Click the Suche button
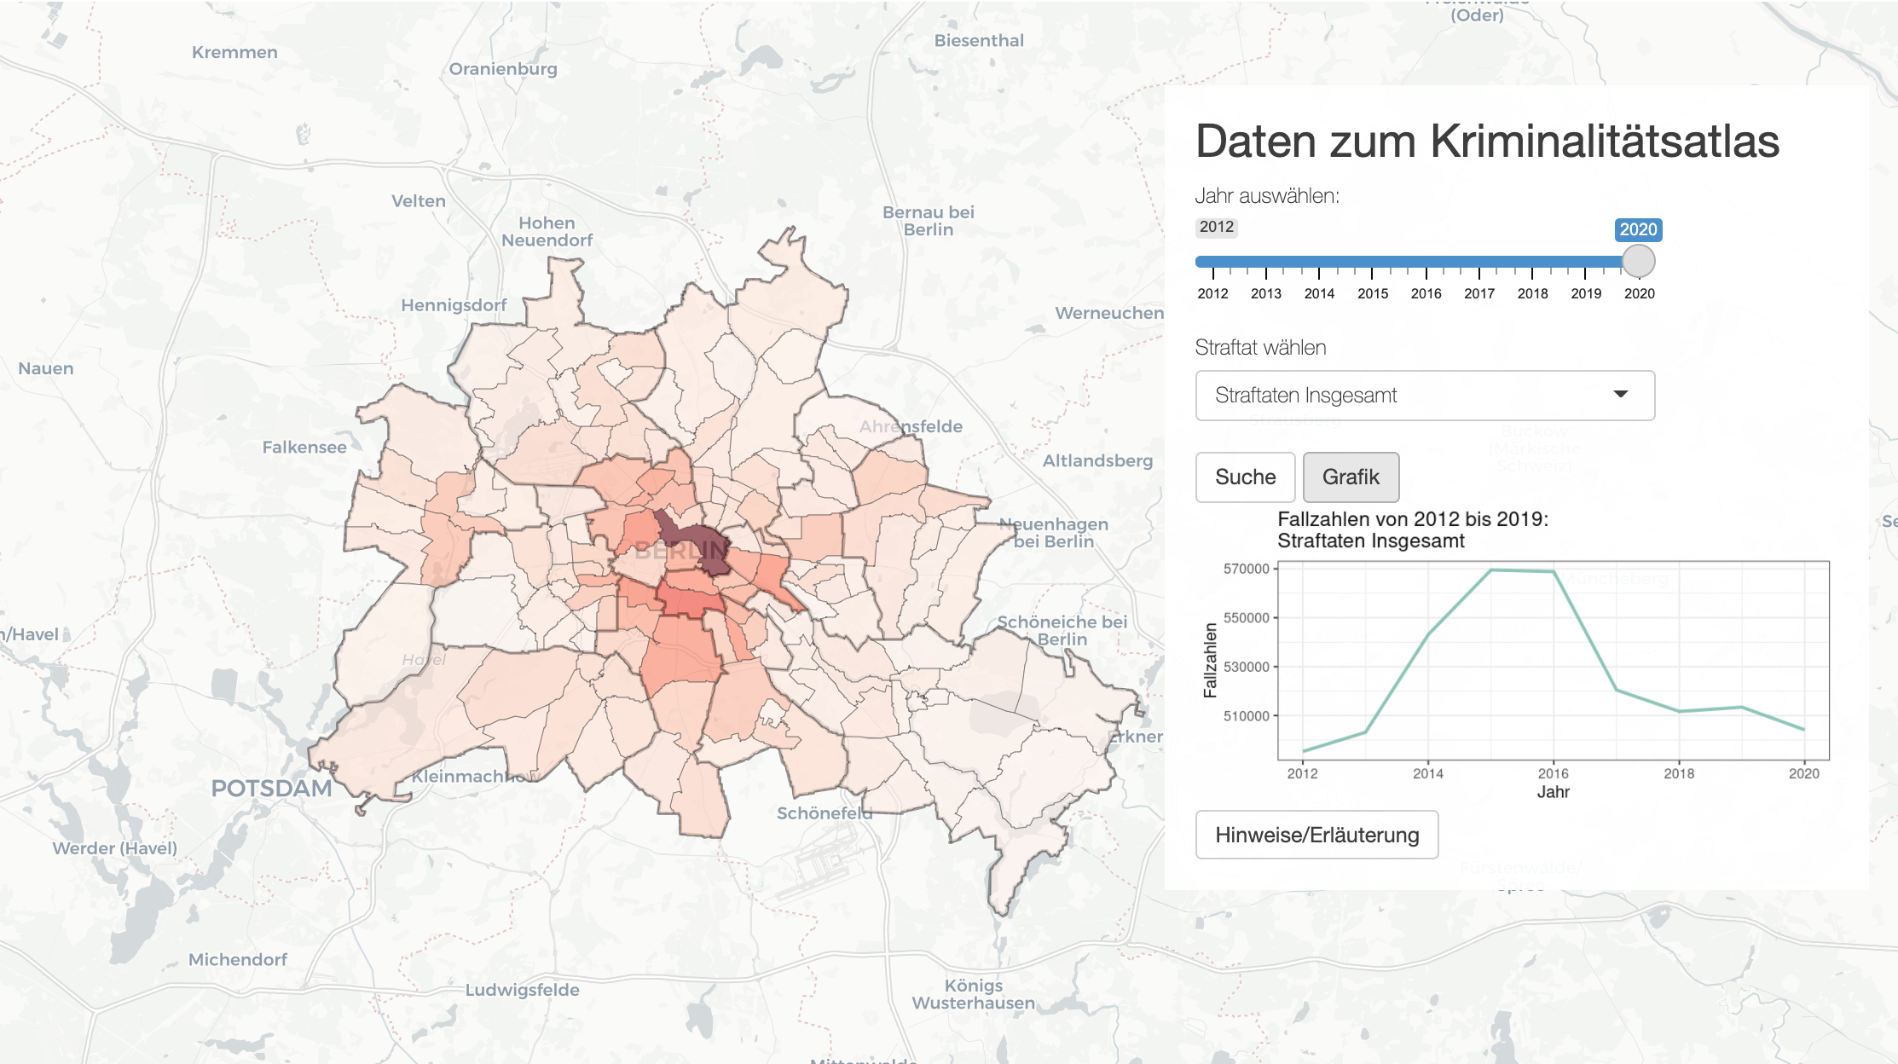tap(1245, 477)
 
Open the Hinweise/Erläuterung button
tap(1316, 835)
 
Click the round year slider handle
tap(1638, 261)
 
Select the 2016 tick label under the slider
tap(1426, 293)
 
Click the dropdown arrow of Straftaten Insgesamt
tap(1620, 394)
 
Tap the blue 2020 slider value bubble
tap(1638, 229)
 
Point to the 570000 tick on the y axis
tap(1247, 569)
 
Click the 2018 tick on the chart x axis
tap(1679, 773)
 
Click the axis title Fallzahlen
tap(1210, 660)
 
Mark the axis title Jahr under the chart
tap(1553, 792)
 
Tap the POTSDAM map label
tap(271, 788)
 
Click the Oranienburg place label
tap(503, 69)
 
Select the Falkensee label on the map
tap(304, 447)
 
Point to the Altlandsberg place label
tap(1097, 460)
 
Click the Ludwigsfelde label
tap(522, 990)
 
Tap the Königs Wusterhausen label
tap(973, 994)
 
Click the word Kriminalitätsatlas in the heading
tap(1604, 142)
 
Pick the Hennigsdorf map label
tap(454, 305)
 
